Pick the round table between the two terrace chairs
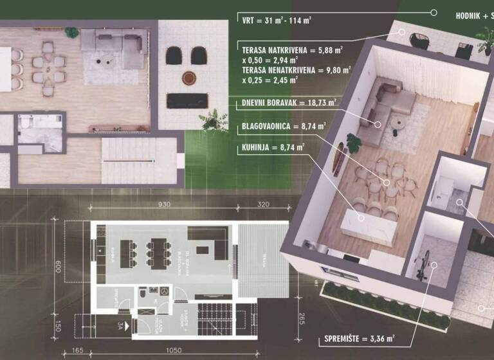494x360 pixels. pos(188,78)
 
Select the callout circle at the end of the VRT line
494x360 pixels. pos(434,12)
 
